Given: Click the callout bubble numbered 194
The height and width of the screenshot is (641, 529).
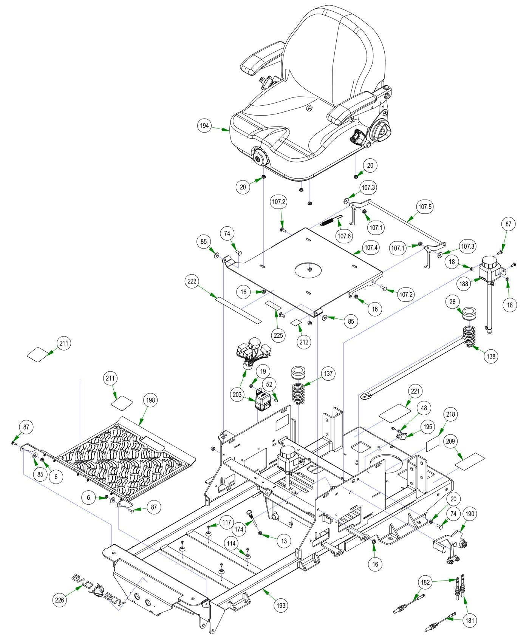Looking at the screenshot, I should pyautogui.click(x=204, y=126).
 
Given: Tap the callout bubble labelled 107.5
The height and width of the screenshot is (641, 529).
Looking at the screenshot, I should pyautogui.click(x=425, y=207).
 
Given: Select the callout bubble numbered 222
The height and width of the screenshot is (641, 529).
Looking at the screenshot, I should pyautogui.click(x=192, y=282).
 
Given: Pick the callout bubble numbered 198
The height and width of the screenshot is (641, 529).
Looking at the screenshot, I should pyautogui.click(x=150, y=400).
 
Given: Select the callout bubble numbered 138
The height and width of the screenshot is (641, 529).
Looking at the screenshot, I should pyautogui.click(x=491, y=356).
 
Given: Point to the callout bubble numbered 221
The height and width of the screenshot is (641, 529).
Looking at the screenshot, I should pyautogui.click(x=415, y=391).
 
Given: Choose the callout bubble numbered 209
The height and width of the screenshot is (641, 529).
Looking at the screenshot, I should pyautogui.click(x=450, y=441).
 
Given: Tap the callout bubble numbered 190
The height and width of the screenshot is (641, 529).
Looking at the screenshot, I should pyautogui.click(x=470, y=514).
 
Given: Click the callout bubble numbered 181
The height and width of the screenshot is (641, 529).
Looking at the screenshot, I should pyautogui.click(x=470, y=620).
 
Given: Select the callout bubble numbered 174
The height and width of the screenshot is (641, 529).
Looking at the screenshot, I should pyautogui.click(x=239, y=529).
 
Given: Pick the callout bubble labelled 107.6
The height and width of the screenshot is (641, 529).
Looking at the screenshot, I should pyautogui.click(x=344, y=236).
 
